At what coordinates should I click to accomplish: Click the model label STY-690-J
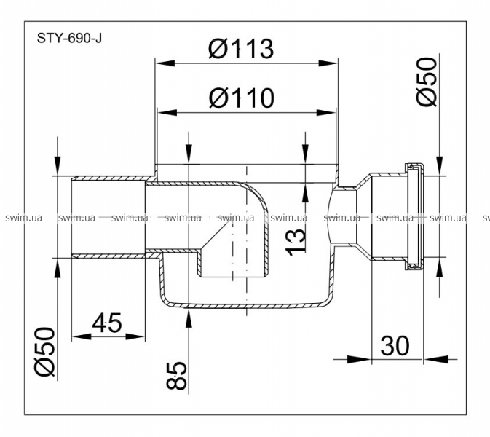[x=69, y=39]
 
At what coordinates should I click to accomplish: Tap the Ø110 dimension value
[x=240, y=96]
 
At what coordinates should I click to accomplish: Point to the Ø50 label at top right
[x=430, y=82]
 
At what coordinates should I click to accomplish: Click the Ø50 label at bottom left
[x=44, y=351]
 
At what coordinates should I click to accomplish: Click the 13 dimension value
[x=295, y=240]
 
